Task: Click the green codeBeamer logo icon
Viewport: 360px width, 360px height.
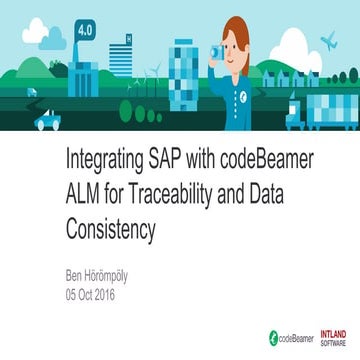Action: tap(271, 338)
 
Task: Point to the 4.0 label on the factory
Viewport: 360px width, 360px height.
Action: tap(86, 31)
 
